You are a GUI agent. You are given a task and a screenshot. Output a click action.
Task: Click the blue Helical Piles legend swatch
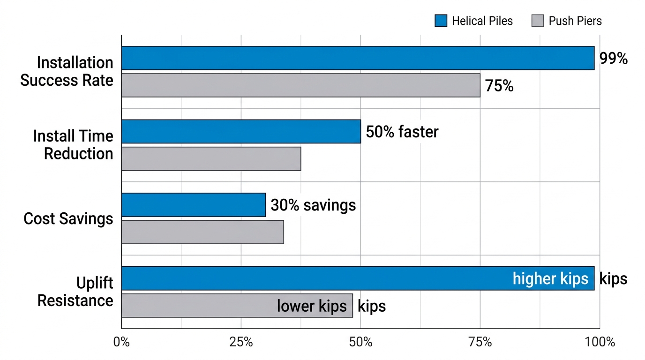click(x=441, y=21)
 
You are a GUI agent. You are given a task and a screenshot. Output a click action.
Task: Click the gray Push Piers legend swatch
click(x=538, y=21)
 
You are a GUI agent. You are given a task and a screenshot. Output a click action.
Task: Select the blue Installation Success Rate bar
click(x=358, y=58)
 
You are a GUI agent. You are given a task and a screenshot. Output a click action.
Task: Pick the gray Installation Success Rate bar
click(x=300, y=85)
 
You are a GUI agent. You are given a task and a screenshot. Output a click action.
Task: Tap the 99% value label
click(x=613, y=59)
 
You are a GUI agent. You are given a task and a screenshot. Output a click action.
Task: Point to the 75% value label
click(x=499, y=86)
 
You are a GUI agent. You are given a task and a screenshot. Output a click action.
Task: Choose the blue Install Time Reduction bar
click(x=241, y=131)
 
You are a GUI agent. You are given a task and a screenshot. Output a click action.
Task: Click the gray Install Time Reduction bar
click(x=211, y=158)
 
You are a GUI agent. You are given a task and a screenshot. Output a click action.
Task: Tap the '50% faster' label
click(x=402, y=132)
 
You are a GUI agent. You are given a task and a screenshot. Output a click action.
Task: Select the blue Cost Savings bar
click(x=194, y=205)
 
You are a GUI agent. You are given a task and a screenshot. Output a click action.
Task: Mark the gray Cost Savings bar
click(x=202, y=232)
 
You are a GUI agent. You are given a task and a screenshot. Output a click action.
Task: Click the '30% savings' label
click(x=313, y=205)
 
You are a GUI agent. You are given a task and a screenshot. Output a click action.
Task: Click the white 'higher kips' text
click(x=550, y=278)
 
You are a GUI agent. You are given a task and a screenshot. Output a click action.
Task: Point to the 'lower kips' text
click(x=312, y=306)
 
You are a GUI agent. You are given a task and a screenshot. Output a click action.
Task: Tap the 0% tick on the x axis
click(x=121, y=342)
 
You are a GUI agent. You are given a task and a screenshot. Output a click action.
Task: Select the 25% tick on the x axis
click(x=241, y=342)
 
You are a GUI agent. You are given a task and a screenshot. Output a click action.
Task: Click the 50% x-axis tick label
click(x=360, y=342)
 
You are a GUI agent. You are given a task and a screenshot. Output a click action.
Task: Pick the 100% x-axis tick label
click(x=600, y=342)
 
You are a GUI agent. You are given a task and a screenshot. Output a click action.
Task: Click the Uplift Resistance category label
click(x=75, y=292)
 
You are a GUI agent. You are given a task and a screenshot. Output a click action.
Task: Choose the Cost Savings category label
click(x=68, y=218)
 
